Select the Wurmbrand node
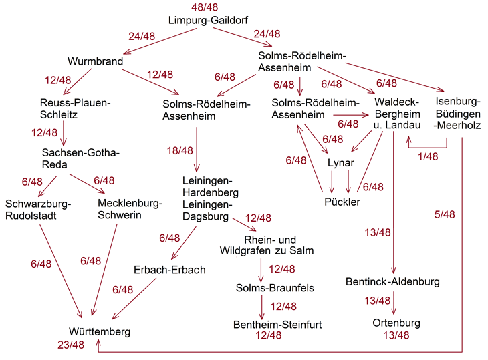[96, 62]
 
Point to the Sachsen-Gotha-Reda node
[80, 158]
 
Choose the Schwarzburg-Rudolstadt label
[37, 209]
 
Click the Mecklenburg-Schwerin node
[129, 209]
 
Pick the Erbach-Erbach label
[169, 270]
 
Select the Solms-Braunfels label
[275, 287]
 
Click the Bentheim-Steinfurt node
[277, 324]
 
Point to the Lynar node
[340, 163]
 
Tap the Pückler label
[342, 202]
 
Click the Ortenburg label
[396, 323]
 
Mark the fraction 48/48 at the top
[205, 7]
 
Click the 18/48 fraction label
[180, 151]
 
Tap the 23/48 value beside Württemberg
[70, 345]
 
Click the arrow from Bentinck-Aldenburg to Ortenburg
[394, 302]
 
